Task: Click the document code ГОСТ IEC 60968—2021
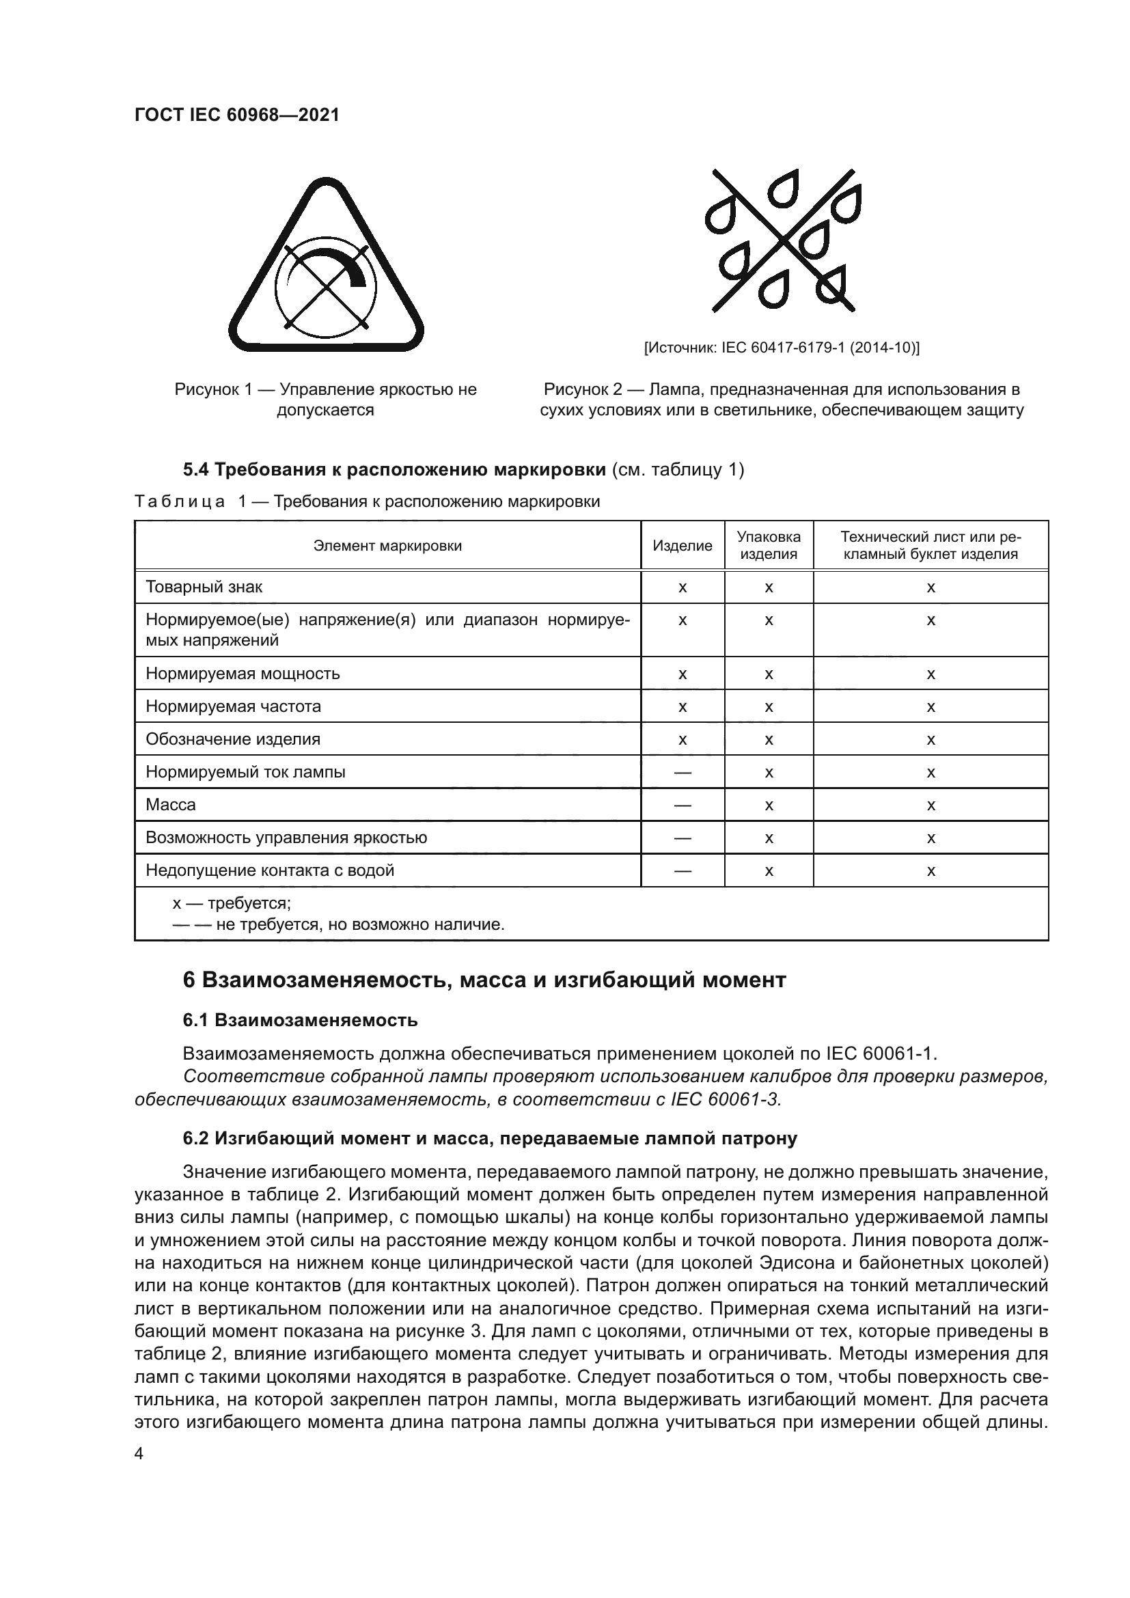(236, 115)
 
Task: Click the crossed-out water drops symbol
(783, 240)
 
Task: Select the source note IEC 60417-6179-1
(782, 347)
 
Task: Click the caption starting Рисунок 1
(326, 400)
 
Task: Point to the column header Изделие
(682, 546)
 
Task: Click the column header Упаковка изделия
(768, 546)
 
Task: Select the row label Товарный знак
(204, 587)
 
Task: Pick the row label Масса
(171, 805)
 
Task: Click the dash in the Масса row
(682, 805)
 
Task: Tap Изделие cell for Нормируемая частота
(682, 707)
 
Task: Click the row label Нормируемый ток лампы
(245, 772)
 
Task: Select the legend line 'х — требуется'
(232, 903)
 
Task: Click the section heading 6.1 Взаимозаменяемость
(300, 1020)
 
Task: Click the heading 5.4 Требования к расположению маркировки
(394, 470)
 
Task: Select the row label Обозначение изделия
(232, 739)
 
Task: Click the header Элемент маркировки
(387, 546)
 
